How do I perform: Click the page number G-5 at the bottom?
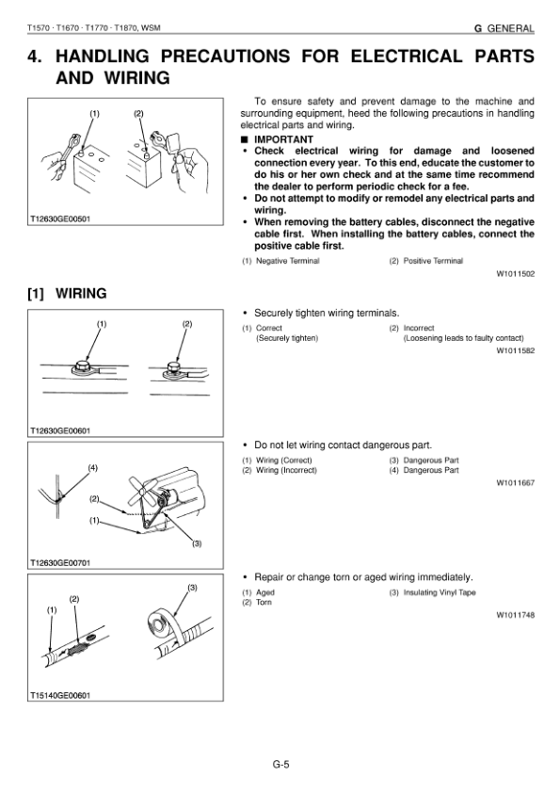pyautogui.click(x=281, y=764)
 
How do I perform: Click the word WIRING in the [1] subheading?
pyautogui.click(x=81, y=293)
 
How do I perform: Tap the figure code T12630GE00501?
pyautogui.click(x=60, y=219)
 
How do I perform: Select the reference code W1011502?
pyautogui.click(x=515, y=274)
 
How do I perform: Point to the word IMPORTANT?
pyautogui.click(x=283, y=139)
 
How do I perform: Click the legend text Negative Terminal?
pyautogui.click(x=288, y=261)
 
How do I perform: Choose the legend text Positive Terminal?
pyautogui.click(x=433, y=261)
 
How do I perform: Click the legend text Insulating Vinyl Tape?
pyautogui.click(x=440, y=592)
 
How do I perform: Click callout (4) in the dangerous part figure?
pyautogui.click(x=93, y=468)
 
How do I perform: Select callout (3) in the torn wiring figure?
pyautogui.click(x=193, y=588)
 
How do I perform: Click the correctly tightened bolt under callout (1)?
pyautogui.click(x=81, y=366)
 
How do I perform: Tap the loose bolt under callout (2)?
pyautogui.click(x=174, y=367)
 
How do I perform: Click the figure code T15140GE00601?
pyautogui.click(x=60, y=695)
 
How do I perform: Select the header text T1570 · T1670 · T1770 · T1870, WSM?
pyautogui.click(x=94, y=28)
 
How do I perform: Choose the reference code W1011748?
pyautogui.click(x=515, y=616)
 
